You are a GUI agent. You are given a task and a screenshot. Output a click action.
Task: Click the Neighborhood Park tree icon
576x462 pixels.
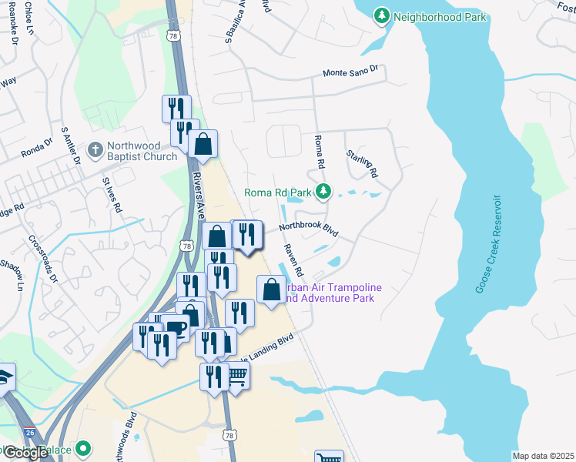381,15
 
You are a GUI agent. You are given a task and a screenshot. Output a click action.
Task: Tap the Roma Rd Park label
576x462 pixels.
277,192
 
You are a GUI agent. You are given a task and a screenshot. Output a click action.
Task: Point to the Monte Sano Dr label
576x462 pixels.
350,72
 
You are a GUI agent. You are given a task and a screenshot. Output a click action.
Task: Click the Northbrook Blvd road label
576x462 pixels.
309,229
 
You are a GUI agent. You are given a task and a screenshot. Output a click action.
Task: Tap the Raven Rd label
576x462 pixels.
294,263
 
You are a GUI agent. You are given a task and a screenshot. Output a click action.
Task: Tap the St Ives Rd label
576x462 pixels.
112,195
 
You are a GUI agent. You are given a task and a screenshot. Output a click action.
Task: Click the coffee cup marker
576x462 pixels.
176,326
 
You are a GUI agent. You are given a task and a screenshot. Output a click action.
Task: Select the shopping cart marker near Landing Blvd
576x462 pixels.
237,377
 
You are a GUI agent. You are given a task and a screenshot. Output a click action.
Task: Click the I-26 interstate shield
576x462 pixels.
29,435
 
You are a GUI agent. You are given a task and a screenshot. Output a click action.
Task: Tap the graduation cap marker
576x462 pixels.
4,377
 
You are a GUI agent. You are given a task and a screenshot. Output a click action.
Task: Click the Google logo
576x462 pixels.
25,452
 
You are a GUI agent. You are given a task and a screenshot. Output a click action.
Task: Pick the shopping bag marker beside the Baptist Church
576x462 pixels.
203,143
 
